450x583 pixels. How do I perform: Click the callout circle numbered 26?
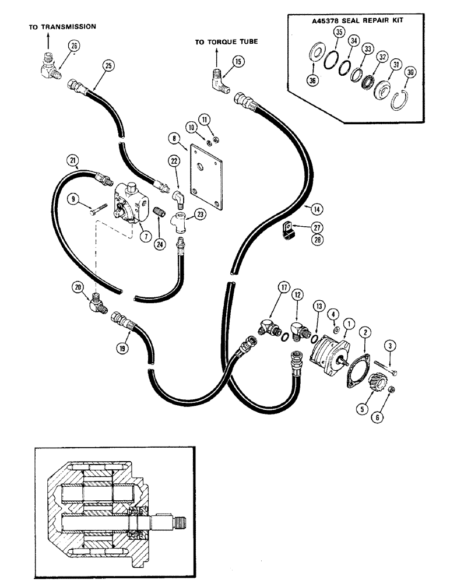[x=74, y=46]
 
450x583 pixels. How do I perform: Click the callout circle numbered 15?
[x=237, y=61]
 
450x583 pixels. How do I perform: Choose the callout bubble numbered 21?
[x=72, y=161]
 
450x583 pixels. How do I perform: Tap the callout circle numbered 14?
[x=315, y=208]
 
